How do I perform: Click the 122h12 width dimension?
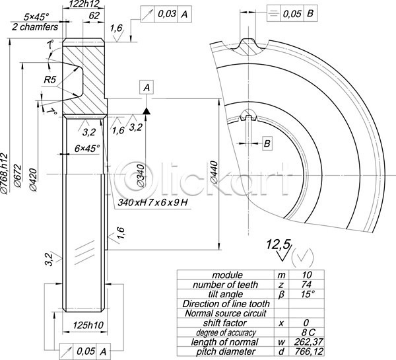point(84,4)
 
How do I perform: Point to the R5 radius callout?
point(50,80)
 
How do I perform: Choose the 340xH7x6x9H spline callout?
point(152,201)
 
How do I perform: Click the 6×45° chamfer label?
point(87,149)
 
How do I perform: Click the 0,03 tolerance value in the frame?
point(166,13)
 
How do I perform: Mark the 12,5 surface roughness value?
point(278,244)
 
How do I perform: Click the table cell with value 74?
point(305,284)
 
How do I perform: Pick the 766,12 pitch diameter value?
point(305,351)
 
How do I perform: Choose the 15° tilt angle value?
point(306,294)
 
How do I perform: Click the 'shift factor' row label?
point(224,322)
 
